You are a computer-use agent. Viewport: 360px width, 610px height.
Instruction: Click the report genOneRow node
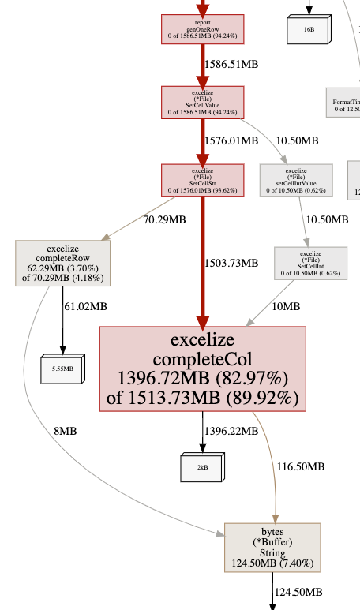click(203, 28)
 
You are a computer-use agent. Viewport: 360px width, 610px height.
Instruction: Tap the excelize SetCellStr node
click(203, 180)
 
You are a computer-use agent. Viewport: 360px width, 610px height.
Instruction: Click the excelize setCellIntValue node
click(296, 180)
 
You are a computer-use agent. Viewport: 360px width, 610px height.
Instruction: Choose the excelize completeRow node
click(63, 263)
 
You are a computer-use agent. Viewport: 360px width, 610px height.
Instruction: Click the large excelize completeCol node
click(202, 369)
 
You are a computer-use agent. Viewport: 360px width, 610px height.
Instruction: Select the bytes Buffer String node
click(272, 547)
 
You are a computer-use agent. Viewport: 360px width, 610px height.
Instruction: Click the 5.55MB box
click(62, 368)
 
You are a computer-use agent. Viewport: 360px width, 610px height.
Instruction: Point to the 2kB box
click(202, 467)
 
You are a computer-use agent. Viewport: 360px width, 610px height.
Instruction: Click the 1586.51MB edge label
click(231, 63)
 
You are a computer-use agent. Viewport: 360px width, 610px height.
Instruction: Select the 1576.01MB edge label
click(231, 140)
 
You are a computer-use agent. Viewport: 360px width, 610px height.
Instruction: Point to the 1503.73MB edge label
click(231, 263)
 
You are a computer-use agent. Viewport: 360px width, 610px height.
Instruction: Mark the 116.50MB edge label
click(300, 466)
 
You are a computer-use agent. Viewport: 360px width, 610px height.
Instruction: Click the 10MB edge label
click(286, 305)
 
